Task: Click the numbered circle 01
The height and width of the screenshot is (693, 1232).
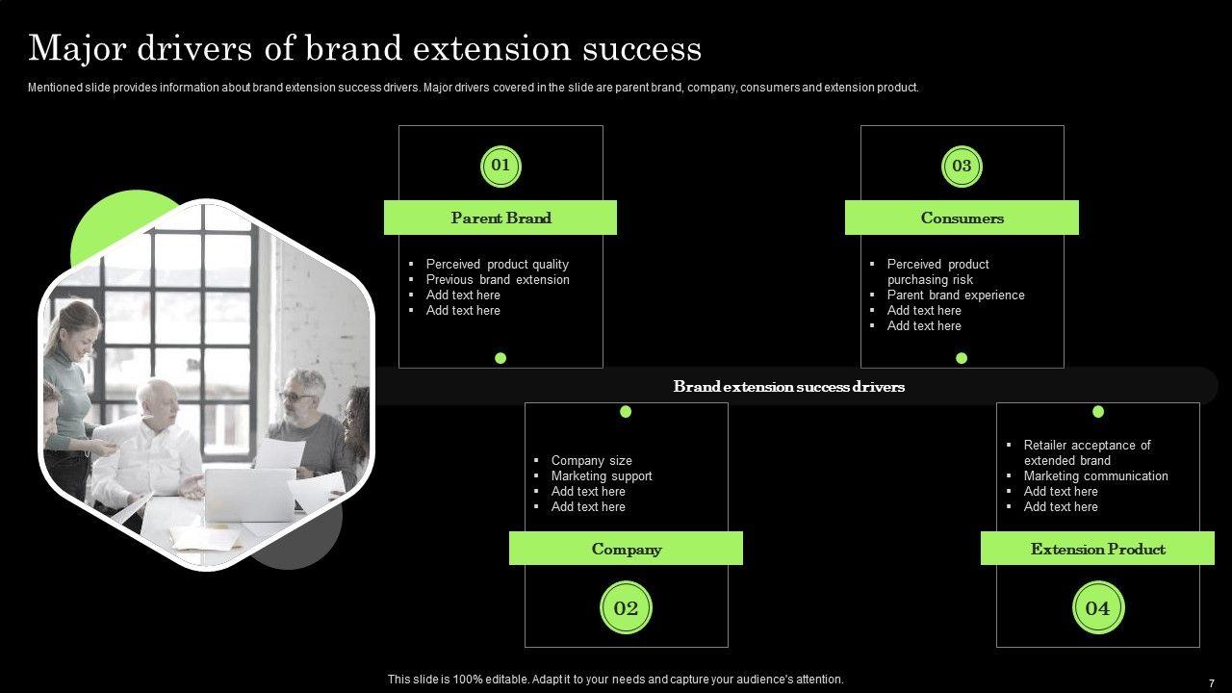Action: click(x=500, y=167)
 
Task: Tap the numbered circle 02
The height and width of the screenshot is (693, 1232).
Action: click(x=626, y=607)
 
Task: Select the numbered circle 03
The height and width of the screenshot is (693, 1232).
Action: click(x=962, y=167)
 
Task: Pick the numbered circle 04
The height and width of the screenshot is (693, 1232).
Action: click(x=1098, y=607)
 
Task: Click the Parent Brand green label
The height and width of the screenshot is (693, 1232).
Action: click(x=500, y=218)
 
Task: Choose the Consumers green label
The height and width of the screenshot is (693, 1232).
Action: click(x=962, y=218)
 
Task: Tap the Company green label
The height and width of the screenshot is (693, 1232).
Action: click(x=626, y=549)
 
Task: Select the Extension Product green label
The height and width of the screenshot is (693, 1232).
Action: click(x=1098, y=549)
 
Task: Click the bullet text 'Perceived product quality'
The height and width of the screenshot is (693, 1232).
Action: click(x=498, y=264)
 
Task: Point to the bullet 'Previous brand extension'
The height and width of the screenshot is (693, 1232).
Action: click(x=498, y=279)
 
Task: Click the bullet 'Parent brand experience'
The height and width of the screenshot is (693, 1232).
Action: click(x=956, y=295)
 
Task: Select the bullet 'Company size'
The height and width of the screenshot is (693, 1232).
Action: click(x=592, y=460)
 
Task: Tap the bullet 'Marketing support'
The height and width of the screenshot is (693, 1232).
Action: click(x=602, y=475)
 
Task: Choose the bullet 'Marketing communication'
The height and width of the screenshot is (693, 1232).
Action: click(x=1095, y=475)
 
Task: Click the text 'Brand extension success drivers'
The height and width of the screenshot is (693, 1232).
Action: click(x=788, y=387)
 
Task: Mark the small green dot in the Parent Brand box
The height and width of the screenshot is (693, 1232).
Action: click(x=500, y=358)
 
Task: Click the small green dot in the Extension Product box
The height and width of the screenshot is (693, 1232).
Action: click(x=1098, y=411)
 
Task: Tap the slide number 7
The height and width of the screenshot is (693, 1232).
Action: click(x=1212, y=683)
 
